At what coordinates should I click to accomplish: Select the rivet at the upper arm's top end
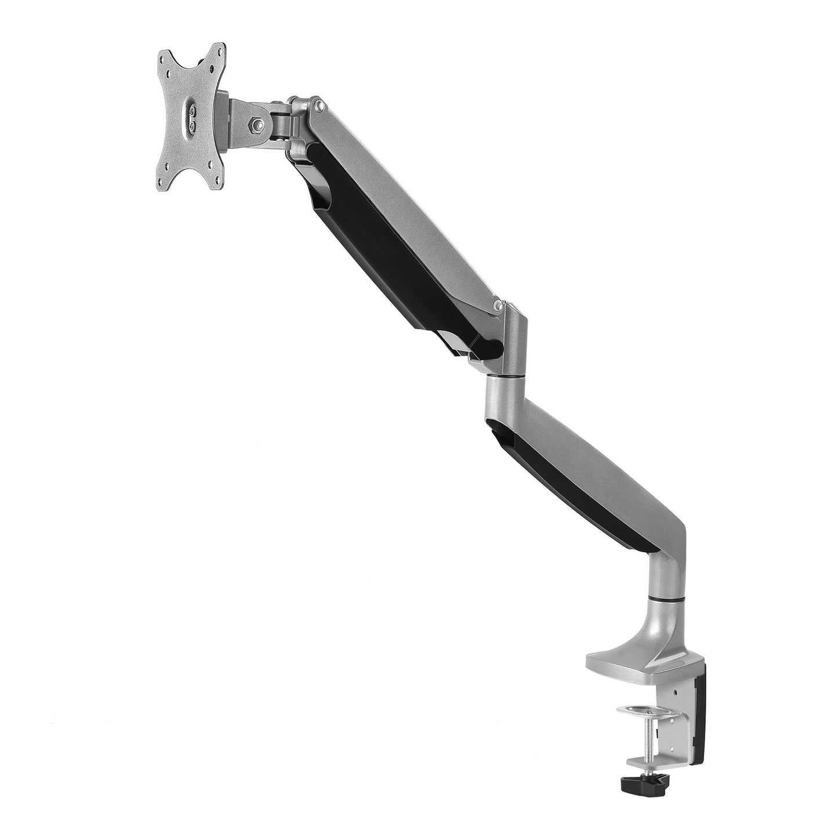(x=318, y=106)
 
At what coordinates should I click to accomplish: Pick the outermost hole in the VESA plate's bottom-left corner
(x=164, y=167)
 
